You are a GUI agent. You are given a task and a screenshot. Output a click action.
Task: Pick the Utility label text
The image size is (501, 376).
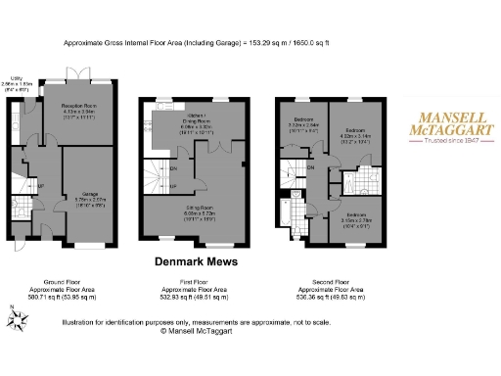(x=17, y=77)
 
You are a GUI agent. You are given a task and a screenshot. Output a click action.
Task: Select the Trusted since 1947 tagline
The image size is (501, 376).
(x=450, y=141)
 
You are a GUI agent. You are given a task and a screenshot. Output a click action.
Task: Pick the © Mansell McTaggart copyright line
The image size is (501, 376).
(x=197, y=331)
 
